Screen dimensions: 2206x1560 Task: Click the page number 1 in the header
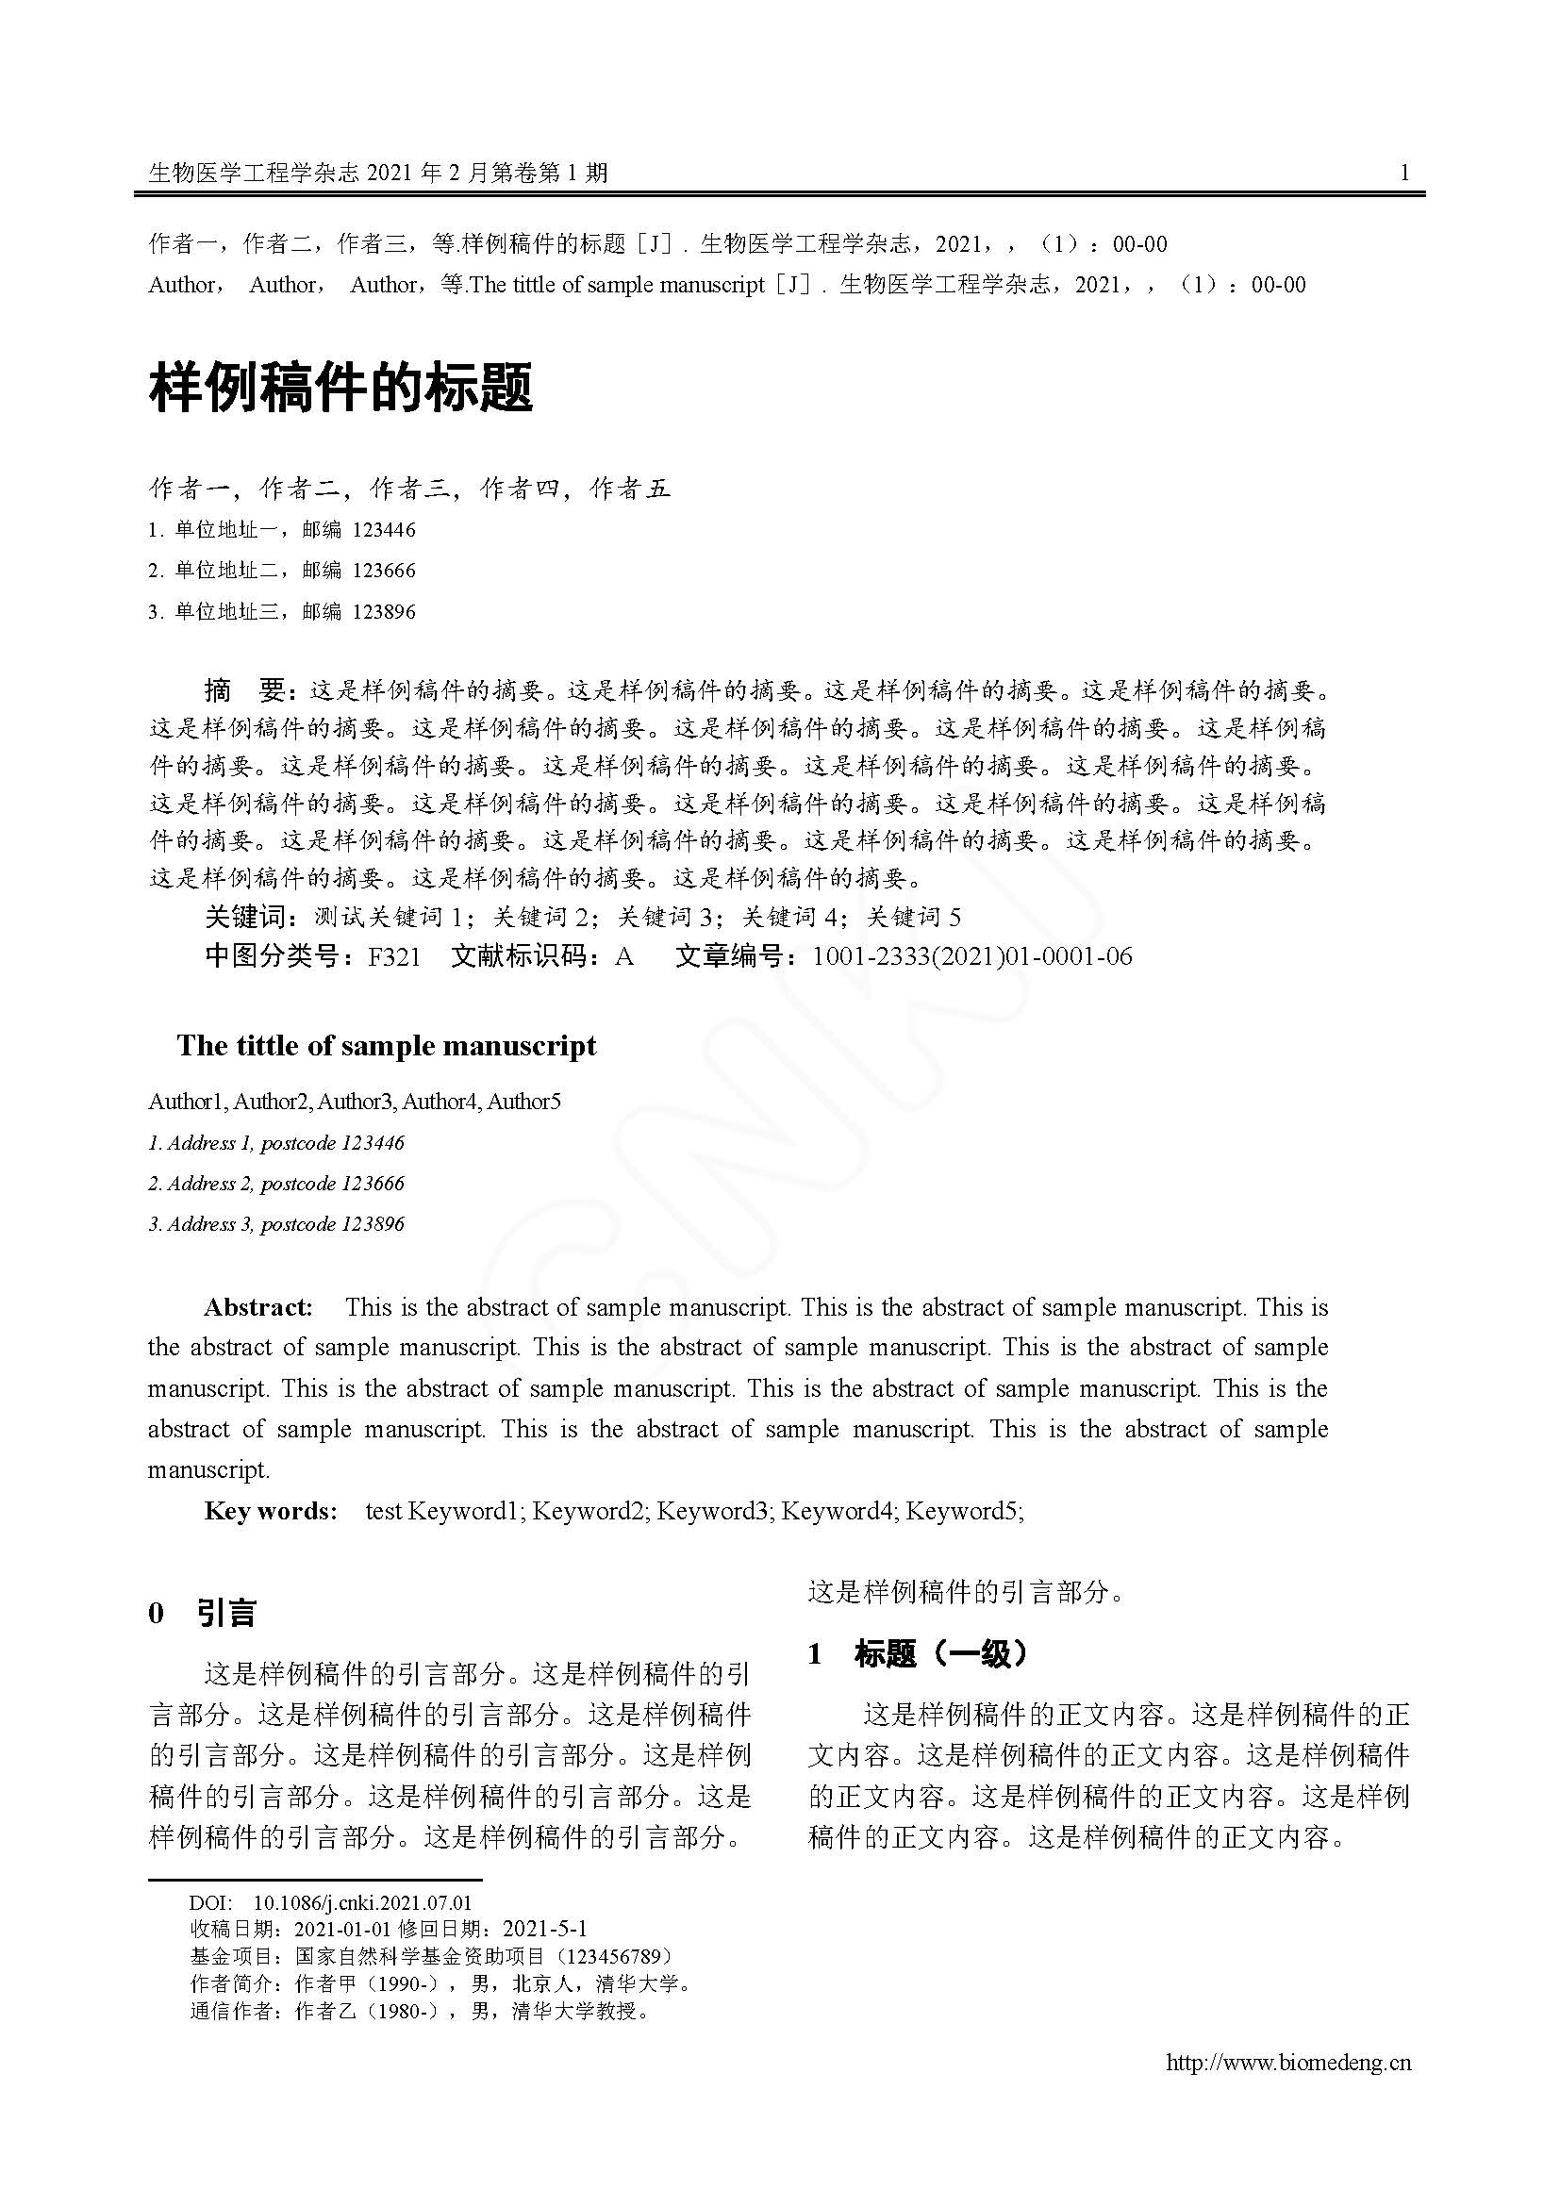(x=1404, y=173)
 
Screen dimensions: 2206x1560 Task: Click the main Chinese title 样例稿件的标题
(x=341, y=389)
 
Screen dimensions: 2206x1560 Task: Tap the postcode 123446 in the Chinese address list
(x=383, y=530)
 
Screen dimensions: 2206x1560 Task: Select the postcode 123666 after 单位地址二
(x=383, y=571)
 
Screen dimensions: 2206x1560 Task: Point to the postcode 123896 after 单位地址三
(x=383, y=612)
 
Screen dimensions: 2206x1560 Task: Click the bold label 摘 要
(x=246, y=689)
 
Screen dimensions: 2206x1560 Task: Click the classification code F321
(x=394, y=957)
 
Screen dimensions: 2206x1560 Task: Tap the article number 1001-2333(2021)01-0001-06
(x=971, y=957)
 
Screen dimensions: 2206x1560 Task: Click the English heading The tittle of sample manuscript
(x=386, y=1045)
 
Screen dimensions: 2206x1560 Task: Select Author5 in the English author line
(x=523, y=1102)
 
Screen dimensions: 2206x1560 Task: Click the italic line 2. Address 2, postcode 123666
(x=275, y=1184)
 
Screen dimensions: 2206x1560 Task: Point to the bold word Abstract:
(x=258, y=1306)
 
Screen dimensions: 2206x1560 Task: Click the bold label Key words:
(x=271, y=1510)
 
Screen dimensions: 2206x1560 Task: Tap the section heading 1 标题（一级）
(x=919, y=1653)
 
